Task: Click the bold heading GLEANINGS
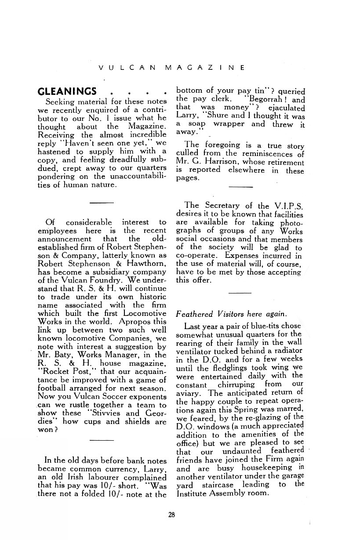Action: [x=68, y=92]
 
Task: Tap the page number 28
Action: [x=171, y=515]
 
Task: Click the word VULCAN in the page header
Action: [x=127, y=68]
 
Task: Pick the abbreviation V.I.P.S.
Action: [x=287, y=206]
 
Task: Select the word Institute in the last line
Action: [x=193, y=493]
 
